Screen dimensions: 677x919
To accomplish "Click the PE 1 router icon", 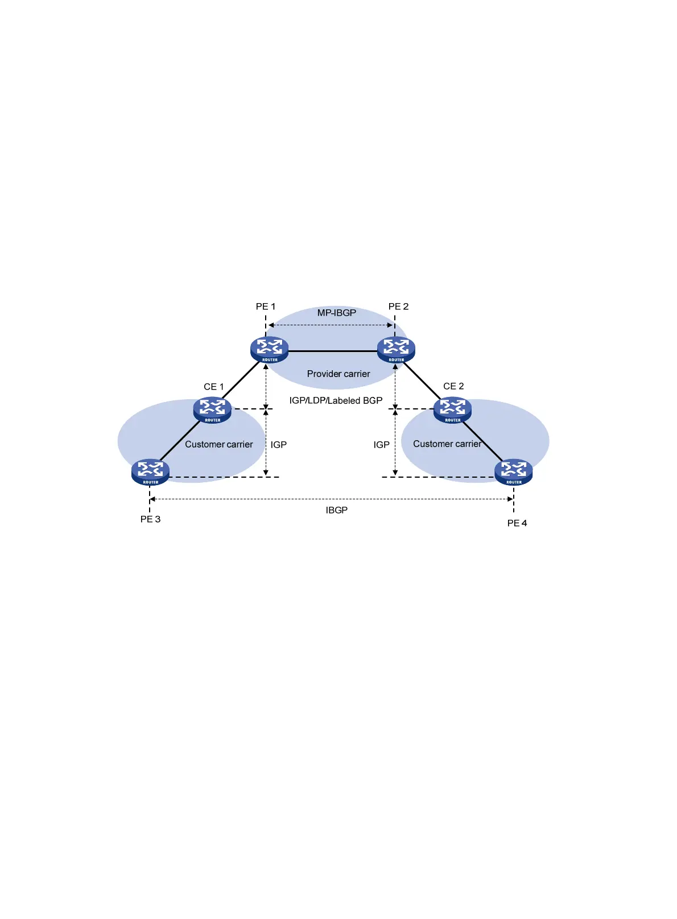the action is [269, 350].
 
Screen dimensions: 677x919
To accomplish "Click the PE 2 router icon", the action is [396, 350].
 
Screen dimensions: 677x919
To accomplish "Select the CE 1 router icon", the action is [212, 410].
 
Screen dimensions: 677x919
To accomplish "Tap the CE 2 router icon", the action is [452, 410].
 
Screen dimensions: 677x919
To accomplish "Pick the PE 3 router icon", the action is [150, 472].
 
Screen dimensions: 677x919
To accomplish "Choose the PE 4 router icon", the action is [514, 472].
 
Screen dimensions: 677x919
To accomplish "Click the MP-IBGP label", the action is [337, 313].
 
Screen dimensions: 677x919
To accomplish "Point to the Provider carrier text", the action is [338, 374].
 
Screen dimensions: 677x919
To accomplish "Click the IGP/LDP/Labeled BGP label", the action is [336, 400].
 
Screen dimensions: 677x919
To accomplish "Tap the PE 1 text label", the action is [266, 307].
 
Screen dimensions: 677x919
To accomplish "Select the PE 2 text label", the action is [398, 307].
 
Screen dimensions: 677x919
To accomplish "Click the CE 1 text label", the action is [214, 387].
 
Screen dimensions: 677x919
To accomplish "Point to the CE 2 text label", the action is [453, 386].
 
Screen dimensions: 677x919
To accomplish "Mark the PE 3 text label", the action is [151, 519].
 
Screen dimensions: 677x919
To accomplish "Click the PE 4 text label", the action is [517, 523].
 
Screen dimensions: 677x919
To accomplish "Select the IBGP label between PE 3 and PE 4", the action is [337, 510].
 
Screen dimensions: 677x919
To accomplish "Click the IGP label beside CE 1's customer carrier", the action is [279, 445].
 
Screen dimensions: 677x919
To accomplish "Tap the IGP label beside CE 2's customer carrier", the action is [381, 445].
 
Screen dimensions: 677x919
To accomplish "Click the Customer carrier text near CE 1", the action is [219, 445].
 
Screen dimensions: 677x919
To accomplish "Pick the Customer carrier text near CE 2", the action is [447, 444].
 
